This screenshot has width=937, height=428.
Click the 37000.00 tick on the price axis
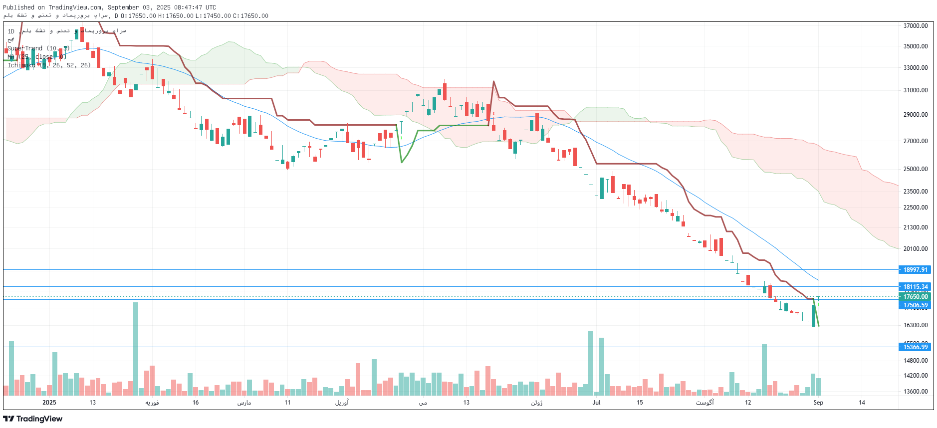pyautogui.click(x=916, y=26)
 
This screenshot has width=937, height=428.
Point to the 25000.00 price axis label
pyautogui.click(x=916, y=169)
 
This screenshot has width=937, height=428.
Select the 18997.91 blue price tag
pyautogui.click(x=916, y=270)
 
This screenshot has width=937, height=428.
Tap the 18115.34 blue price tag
pyautogui.click(x=916, y=287)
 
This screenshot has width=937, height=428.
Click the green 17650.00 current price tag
pyautogui.click(x=916, y=297)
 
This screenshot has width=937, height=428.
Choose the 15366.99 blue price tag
pyautogui.click(x=916, y=347)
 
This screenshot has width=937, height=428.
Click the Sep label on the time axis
pyautogui.click(x=818, y=403)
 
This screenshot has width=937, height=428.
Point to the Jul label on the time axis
pyautogui.click(x=596, y=403)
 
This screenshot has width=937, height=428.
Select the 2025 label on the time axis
pyautogui.click(x=49, y=403)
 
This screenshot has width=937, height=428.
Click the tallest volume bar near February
pyautogui.click(x=136, y=348)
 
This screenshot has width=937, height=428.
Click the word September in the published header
pyautogui.click(x=124, y=7)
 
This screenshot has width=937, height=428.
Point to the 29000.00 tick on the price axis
pyautogui.click(x=916, y=115)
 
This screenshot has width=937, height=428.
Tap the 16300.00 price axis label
pyautogui.click(x=916, y=325)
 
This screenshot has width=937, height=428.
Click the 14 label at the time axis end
pyautogui.click(x=862, y=403)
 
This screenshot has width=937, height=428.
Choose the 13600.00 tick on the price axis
pyautogui.click(x=916, y=392)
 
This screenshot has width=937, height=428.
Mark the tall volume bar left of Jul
pyautogui.click(x=591, y=363)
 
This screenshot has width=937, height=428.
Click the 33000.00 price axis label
pyautogui.click(x=916, y=68)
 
